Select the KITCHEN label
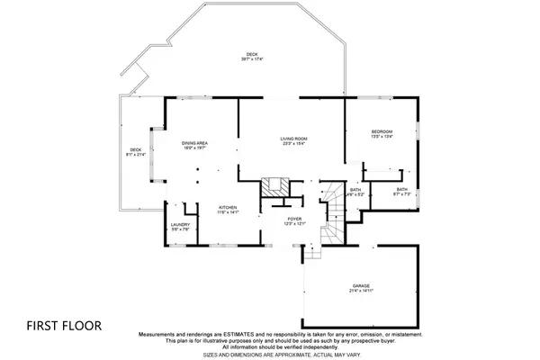[x=226, y=207]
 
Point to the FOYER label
[x=294, y=217]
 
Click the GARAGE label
[x=361, y=285]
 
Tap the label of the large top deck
[x=251, y=54]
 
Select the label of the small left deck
[x=136, y=149]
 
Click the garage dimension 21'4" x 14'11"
[x=361, y=292]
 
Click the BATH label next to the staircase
[x=355, y=189]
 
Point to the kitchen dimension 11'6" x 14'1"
[x=226, y=213]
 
